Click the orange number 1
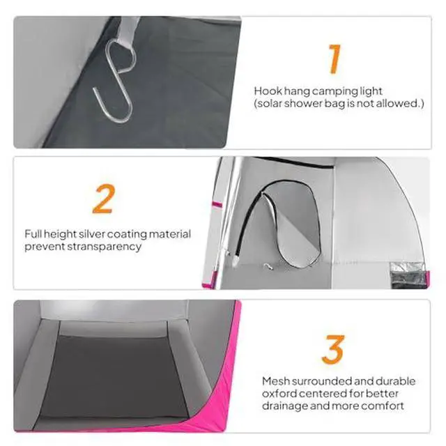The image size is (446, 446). (x=334, y=59)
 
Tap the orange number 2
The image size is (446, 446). (x=104, y=199)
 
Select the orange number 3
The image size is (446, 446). (x=333, y=350)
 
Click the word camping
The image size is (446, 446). (x=334, y=92)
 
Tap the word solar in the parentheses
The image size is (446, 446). (x=270, y=104)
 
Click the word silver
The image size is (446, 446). (x=91, y=234)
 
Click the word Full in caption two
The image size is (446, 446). (x=33, y=234)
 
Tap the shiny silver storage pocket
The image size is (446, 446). (x=407, y=275)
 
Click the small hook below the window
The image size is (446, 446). (x=268, y=266)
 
